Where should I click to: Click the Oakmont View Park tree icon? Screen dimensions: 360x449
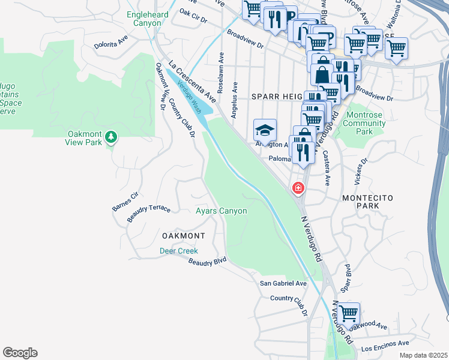tap(110, 138)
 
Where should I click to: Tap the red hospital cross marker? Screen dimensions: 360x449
tap(297, 189)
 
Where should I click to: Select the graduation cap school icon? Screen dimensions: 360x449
tap(265, 130)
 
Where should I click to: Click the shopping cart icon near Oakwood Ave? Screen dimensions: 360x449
tap(348, 313)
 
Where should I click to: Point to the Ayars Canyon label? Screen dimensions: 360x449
tap(221, 211)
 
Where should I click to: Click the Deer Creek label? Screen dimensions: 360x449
tap(178, 251)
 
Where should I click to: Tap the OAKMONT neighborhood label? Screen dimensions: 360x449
tap(182, 236)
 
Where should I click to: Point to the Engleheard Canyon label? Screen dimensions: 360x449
tap(144, 19)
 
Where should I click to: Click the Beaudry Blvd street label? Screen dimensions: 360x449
tap(207, 262)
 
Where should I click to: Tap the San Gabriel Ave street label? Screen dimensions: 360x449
tap(283, 284)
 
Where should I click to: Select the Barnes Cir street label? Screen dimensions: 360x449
tap(125, 202)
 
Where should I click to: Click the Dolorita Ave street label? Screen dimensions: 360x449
tap(111, 42)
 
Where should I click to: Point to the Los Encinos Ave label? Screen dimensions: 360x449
tap(385, 346)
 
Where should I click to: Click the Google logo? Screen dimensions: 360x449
tap(20, 353)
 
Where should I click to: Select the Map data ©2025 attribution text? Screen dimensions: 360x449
tap(423, 355)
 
